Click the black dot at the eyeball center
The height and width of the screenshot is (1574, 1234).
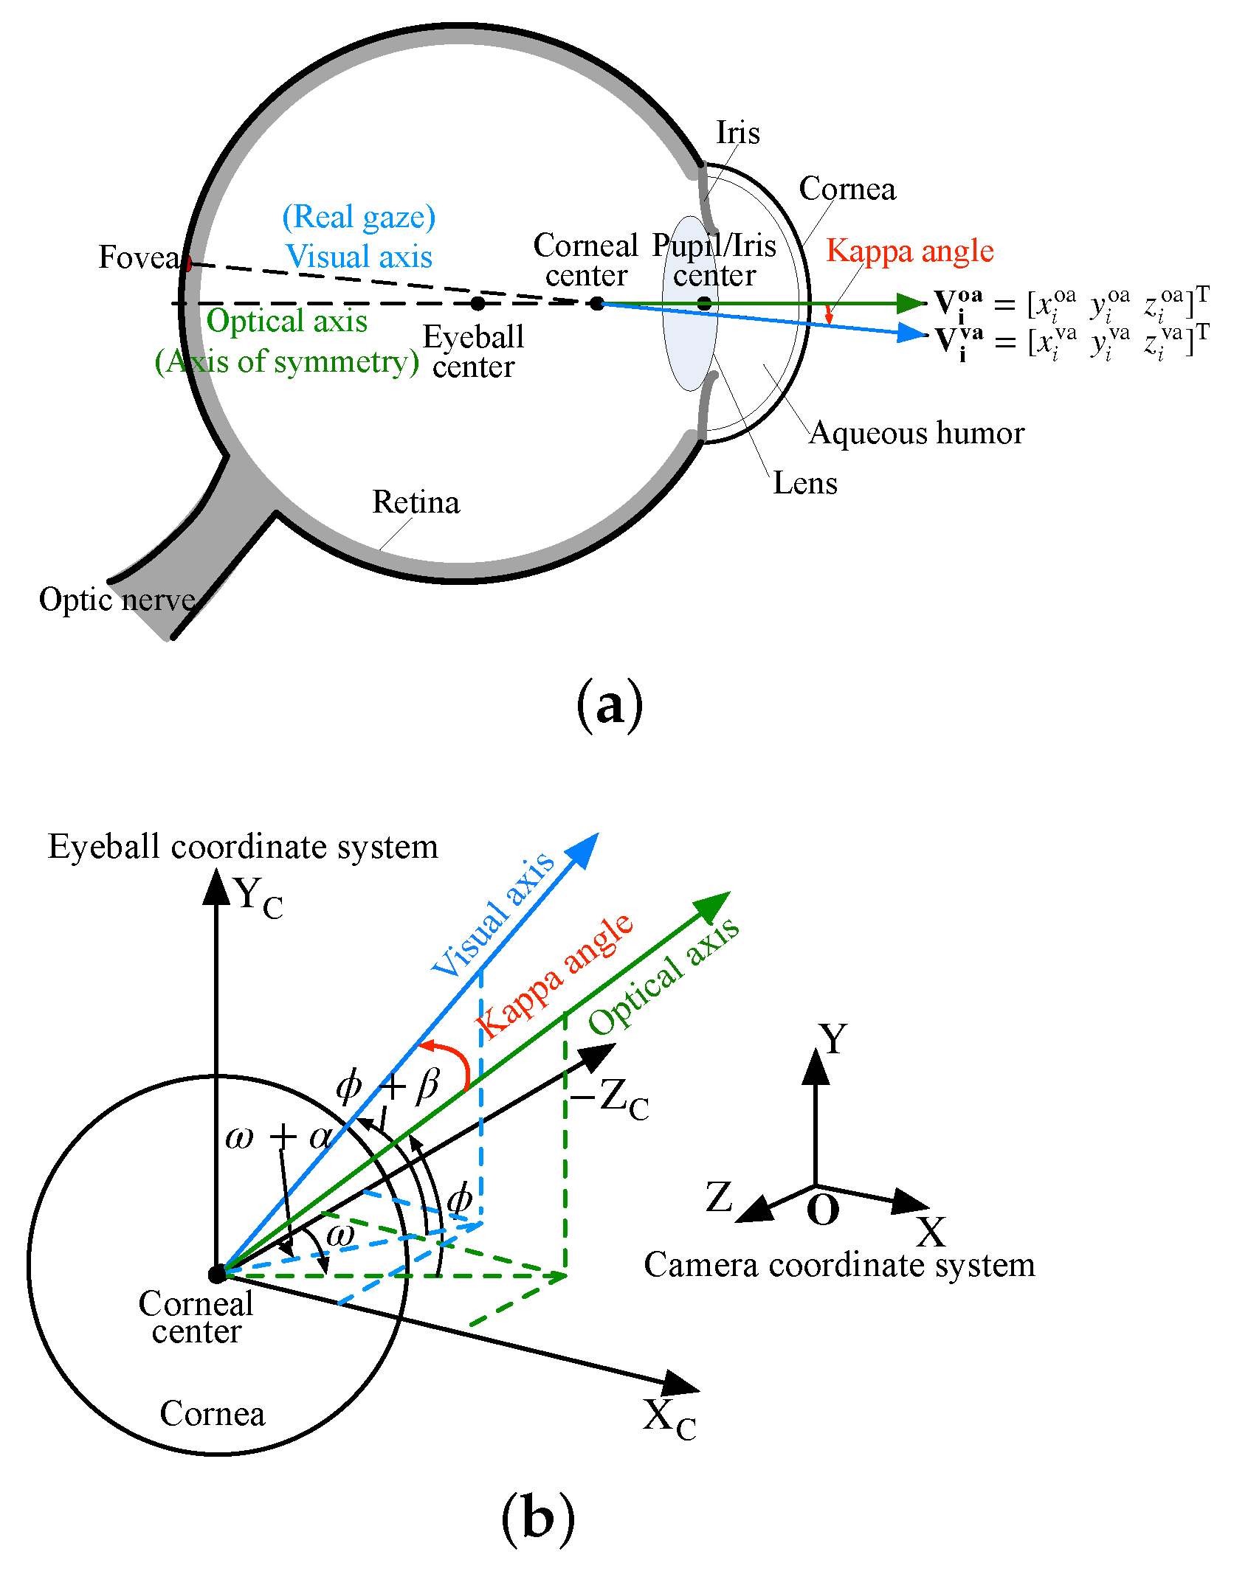[x=478, y=303]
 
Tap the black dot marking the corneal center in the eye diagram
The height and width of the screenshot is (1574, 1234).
[x=596, y=303]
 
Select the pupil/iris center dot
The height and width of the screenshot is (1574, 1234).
[x=704, y=303]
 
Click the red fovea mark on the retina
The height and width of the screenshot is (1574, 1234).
[x=188, y=263]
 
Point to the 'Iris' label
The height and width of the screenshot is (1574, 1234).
[x=737, y=133]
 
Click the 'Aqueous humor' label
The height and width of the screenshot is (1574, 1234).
[x=917, y=433]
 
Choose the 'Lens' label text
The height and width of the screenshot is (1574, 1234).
[x=804, y=483]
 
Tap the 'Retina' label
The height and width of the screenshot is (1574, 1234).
[x=416, y=502]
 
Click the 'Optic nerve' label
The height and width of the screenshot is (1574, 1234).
[x=117, y=600]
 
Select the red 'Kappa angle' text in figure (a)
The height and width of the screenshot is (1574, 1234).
[x=909, y=251]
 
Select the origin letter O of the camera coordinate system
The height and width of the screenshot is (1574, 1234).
[x=822, y=1210]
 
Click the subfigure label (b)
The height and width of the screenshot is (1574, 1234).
[x=537, y=1519]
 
